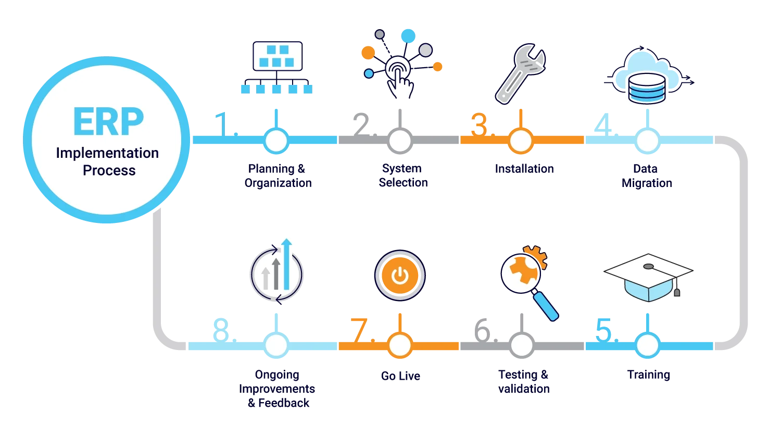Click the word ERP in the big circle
108,122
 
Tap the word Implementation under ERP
107,153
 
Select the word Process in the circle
109,170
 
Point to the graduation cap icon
648,276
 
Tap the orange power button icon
400,276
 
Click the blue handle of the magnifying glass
546,306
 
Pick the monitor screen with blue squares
277,56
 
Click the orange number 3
478,124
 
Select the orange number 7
360,330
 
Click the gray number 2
360,124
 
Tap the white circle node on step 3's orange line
520,140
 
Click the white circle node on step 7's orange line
400,345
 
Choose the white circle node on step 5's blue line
647,345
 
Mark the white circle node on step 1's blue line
276,140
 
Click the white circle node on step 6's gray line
521,345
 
